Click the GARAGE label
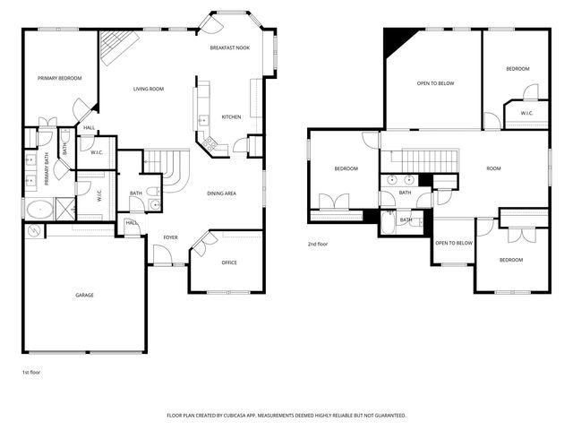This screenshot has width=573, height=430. [x=84, y=295]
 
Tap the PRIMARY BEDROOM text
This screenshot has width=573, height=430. [x=60, y=79]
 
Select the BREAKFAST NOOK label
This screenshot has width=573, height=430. [x=229, y=47]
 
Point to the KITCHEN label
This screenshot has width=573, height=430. [x=231, y=117]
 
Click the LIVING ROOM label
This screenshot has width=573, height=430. [x=148, y=89]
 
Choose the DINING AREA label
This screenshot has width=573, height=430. [x=221, y=193]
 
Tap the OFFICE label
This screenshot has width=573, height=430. [x=229, y=262]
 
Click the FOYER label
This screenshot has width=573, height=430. [x=170, y=237]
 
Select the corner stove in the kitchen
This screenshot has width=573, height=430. [x=210, y=142]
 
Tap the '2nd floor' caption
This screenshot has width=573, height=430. [x=318, y=244]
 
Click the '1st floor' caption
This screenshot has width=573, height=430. [x=31, y=372]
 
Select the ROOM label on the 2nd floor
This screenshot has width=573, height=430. [x=493, y=168]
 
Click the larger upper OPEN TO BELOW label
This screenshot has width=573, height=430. [x=435, y=83]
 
